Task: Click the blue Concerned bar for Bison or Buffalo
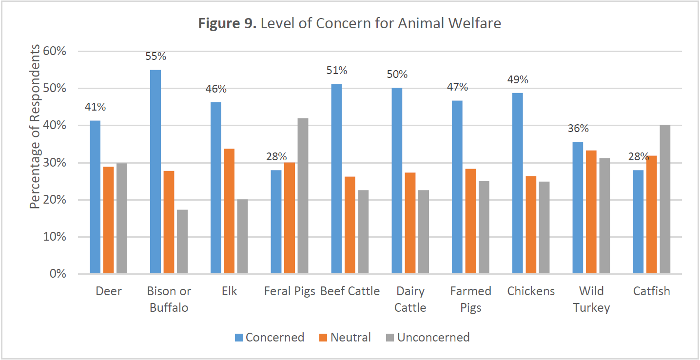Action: pos(156,171)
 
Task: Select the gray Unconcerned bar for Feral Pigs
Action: pos(303,196)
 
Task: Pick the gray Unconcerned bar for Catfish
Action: pos(664,199)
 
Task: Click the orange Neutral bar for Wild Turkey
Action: pos(591,212)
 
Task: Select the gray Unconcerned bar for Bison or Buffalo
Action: pos(182,242)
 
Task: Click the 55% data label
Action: pos(156,57)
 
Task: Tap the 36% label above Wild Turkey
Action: pos(578,129)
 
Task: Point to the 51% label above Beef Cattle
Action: pos(336,71)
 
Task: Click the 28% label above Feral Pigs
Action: pos(276,156)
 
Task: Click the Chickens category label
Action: pos(531,291)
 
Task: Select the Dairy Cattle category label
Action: pos(410,299)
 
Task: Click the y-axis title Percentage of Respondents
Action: pos(35,127)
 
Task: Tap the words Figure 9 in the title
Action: pos(227,23)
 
